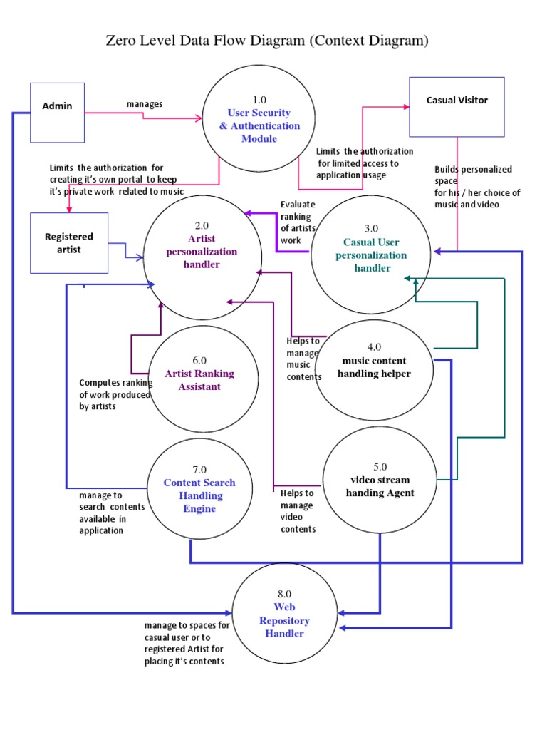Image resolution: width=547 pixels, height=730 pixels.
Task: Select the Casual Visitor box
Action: [457, 106]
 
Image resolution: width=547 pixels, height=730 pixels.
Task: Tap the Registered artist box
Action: [69, 242]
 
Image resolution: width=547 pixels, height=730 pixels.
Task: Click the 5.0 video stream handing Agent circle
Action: [379, 485]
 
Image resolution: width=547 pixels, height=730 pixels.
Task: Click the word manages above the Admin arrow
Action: [145, 104]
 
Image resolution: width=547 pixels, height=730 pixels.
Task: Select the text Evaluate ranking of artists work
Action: [298, 222]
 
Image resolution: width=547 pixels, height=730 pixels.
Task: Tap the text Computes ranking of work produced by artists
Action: [114, 394]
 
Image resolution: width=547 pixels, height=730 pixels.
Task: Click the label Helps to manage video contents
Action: [298, 511]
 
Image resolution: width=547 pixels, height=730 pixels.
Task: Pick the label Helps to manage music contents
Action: [303, 359]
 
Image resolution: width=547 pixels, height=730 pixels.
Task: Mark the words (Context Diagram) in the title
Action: [368, 41]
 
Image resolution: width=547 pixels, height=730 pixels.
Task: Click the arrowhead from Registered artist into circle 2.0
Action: [141, 257]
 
